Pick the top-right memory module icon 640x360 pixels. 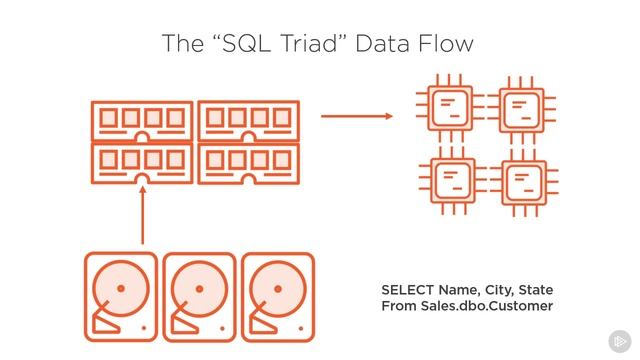[250, 121]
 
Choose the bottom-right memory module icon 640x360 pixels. [250, 162]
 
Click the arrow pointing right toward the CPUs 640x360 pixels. [357, 116]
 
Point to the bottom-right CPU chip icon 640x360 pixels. [521, 183]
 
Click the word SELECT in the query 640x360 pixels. [408, 289]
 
